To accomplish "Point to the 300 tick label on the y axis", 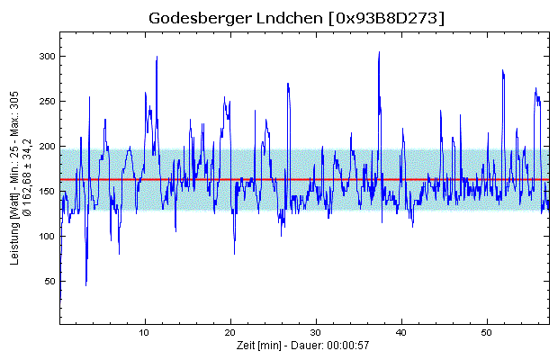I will coord(45,56).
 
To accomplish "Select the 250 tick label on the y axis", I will coord(45,101).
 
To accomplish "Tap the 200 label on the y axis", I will coord(45,146).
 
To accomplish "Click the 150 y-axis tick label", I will coord(45,191).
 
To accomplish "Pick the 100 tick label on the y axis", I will coord(45,236).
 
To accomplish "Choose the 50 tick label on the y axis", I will coord(48,281).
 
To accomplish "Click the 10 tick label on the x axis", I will coord(145,332).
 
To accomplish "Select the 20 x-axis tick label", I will coord(230,332).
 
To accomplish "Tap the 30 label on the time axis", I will coord(316,332).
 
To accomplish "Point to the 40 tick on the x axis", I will coord(401,332).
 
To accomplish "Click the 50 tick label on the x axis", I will coord(487,332).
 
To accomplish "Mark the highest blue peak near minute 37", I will coord(379,52).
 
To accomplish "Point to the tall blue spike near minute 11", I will coord(157,57).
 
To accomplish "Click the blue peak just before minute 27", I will coord(288,84).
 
